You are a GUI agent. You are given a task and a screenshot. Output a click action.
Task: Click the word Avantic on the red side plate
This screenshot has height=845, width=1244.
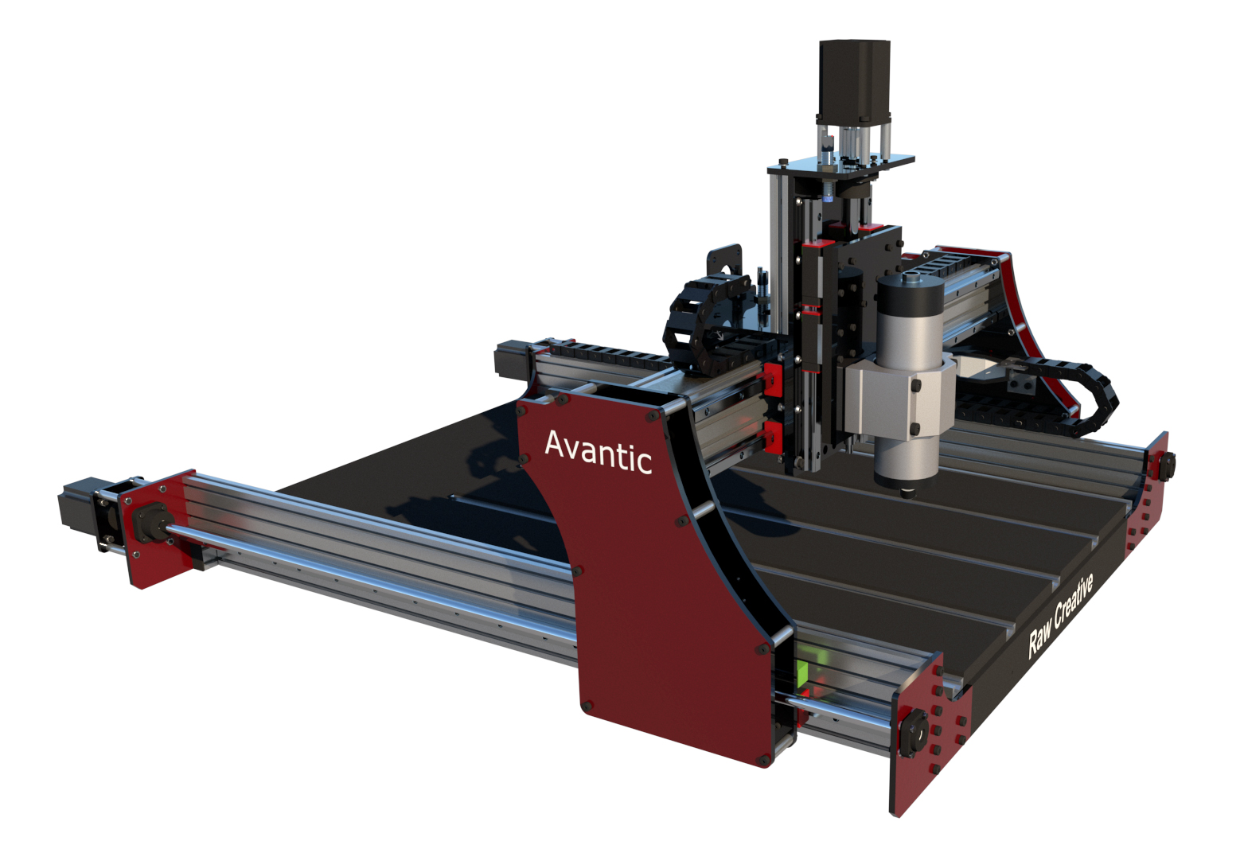click(x=598, y=453)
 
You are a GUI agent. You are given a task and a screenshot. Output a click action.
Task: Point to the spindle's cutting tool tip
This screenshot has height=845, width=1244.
click(x=907, y=493)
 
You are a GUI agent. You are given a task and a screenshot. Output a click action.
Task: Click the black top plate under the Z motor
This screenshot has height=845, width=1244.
click(x=840, y=164)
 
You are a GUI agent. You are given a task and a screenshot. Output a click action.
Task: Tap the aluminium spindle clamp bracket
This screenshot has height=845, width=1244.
click(x=899, y=394)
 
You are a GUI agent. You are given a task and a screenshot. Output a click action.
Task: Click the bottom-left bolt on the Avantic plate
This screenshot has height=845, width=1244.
click(x=587, y=706)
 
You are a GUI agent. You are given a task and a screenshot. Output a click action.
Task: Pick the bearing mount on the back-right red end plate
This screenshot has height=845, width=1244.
click(x=1166, y=464)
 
